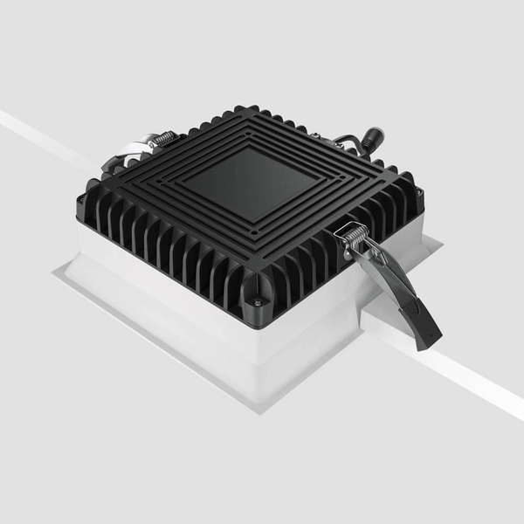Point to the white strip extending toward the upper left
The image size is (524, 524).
click(44, 135)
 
